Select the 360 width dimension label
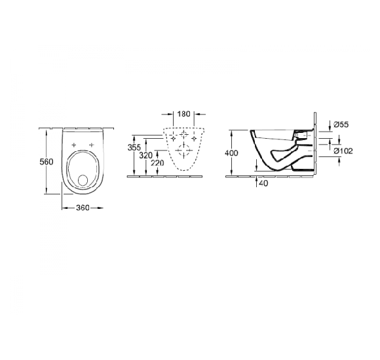tap(82, 207)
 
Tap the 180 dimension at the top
tap(184, 114)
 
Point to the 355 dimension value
tap(134, 148)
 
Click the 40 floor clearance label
tap(262, 183)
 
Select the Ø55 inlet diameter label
tap(340, 124)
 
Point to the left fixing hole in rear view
tap(171, 139)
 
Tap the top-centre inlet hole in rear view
tap(184, 134)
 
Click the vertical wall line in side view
tap(317, 144)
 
